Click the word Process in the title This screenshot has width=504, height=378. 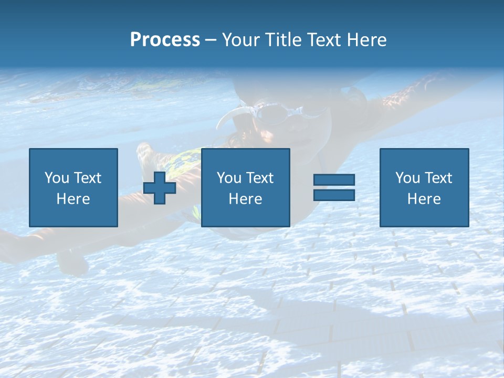[x=165, y=40]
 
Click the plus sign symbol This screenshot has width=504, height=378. [x=160, y=187]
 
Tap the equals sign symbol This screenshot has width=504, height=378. [x=334, y=187]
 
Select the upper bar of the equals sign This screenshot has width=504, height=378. [x=334, y=180]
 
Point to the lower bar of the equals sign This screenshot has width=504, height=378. [x=334, y=195]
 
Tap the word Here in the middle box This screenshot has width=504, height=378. [x=245, y=199]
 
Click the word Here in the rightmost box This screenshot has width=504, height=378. [x=424, y=199]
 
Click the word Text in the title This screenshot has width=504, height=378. [x=323, y=40]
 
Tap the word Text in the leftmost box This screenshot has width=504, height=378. [x=87, y=178]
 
